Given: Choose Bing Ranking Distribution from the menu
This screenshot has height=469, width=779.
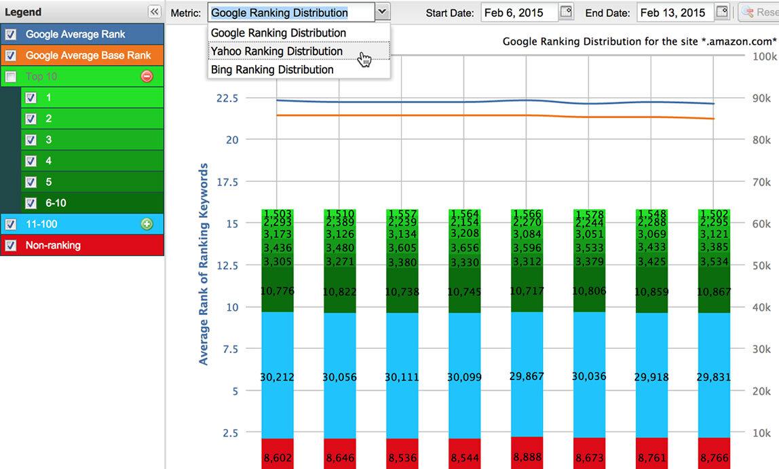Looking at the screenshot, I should click(x=271, y=69).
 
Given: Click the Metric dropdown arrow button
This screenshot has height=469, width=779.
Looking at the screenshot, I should click(x=382, y=12).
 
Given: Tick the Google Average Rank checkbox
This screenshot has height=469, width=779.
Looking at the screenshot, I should click(x=10, y=34).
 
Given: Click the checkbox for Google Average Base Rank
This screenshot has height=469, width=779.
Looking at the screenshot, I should click(x=10, y=55).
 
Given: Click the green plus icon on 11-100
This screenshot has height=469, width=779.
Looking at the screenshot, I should click(x=147, y=224).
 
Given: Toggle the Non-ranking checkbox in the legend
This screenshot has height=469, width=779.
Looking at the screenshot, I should click(x=10, y=245).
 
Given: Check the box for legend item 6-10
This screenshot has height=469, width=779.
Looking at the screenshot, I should click(x=31, y=203).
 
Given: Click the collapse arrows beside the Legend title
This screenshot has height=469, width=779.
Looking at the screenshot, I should click(x=154, y=12).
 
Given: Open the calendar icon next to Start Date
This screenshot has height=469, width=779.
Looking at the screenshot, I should click(x=566, y=12).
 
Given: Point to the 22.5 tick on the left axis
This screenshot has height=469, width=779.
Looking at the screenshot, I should click(x=227, y=98).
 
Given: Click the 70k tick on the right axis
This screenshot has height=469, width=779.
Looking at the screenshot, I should click(x=761, y=182).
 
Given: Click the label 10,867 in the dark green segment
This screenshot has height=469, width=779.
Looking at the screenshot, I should click(x=714, y=292).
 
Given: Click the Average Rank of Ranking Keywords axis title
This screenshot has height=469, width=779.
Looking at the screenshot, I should click(x=204, y=263).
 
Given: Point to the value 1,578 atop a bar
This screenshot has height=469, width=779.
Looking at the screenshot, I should click(x=588, y=215).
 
